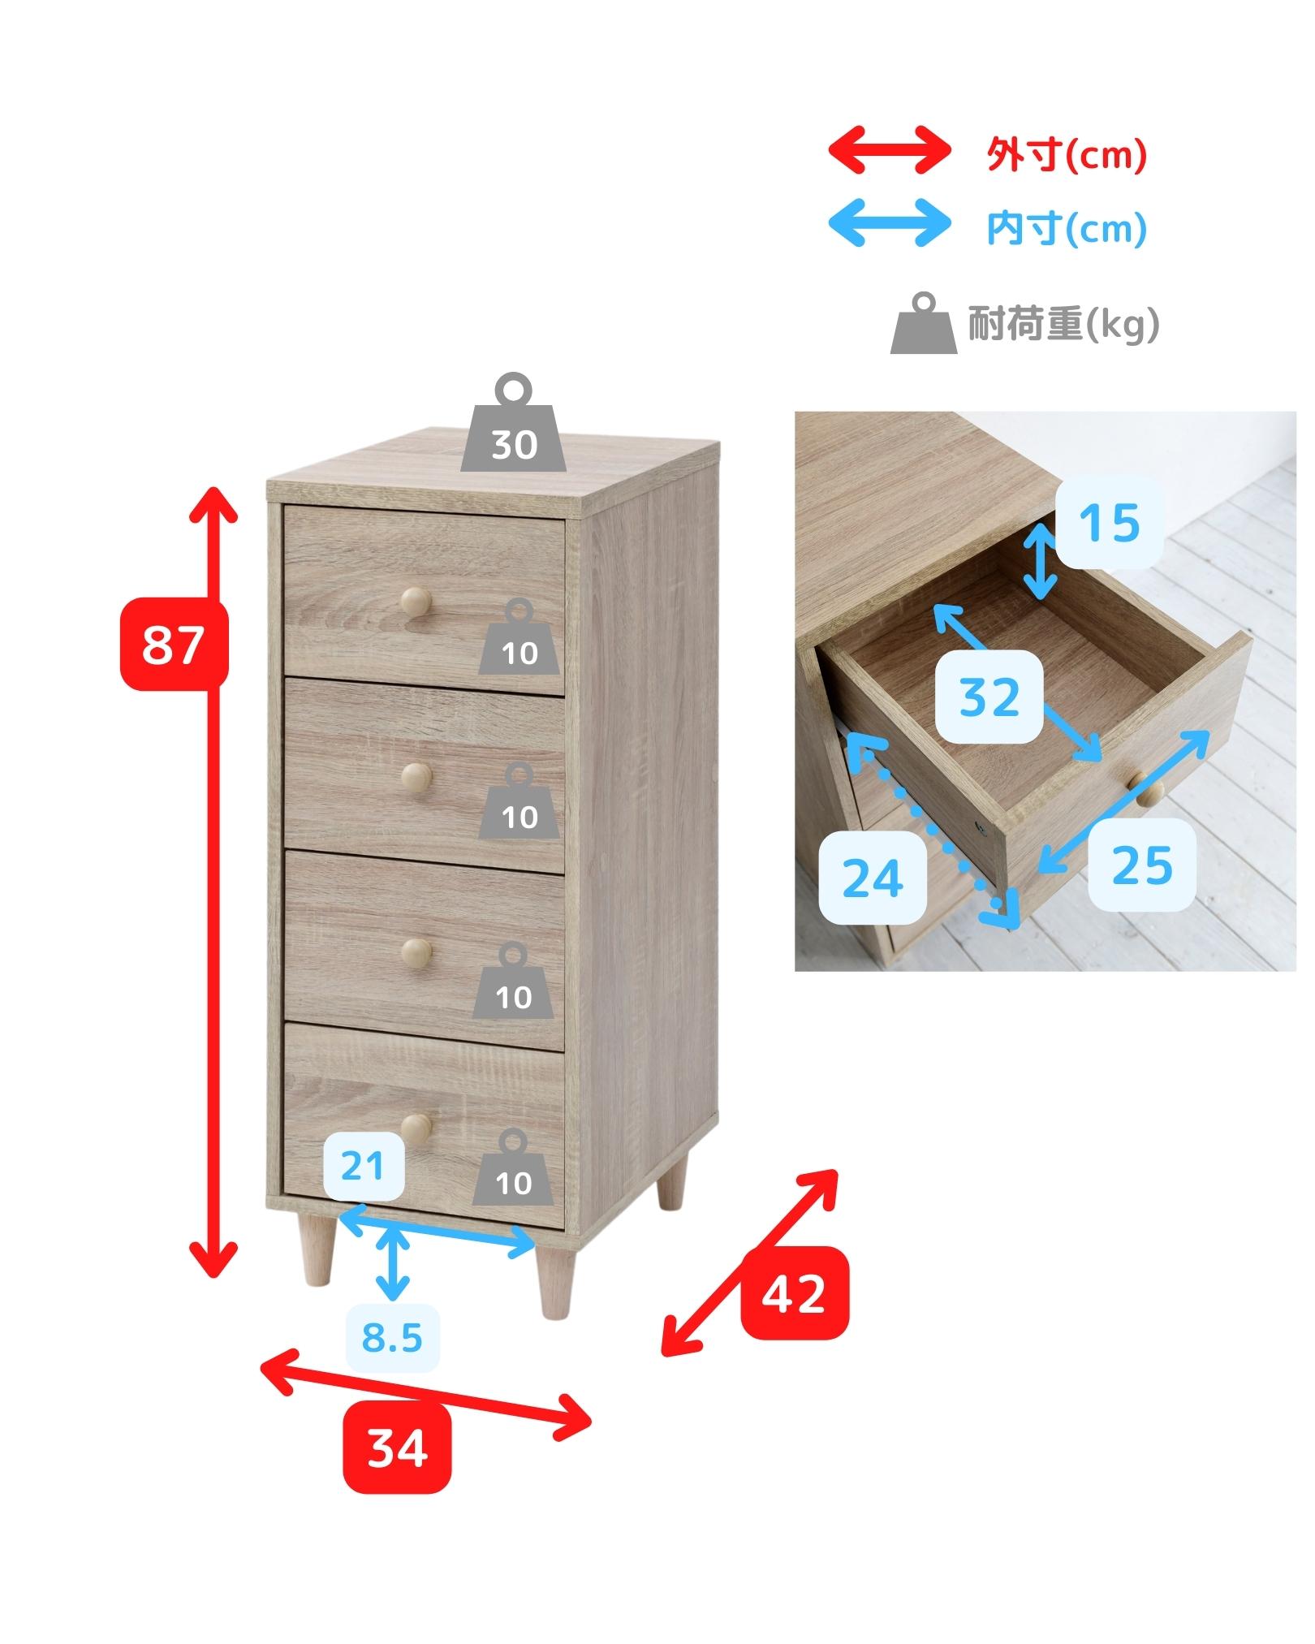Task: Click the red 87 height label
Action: [x=175, y=644]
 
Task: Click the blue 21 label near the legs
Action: [x=363, y=1166]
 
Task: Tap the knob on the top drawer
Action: [x=415, y=602]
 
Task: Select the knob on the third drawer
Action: [x=416, y=951]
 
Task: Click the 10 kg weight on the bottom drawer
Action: [x=513, y=1167]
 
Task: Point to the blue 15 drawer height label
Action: [x=1109, y=521]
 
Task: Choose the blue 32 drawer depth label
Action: [x=989, y=696]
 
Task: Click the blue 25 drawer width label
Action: [x=1141, y=864]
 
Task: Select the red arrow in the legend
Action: [x=889, y=150]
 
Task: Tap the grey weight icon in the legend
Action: [x=925, y=323]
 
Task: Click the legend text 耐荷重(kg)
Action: [x=1063, y=325]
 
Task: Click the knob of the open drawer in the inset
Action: [x=1149, y=789]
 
